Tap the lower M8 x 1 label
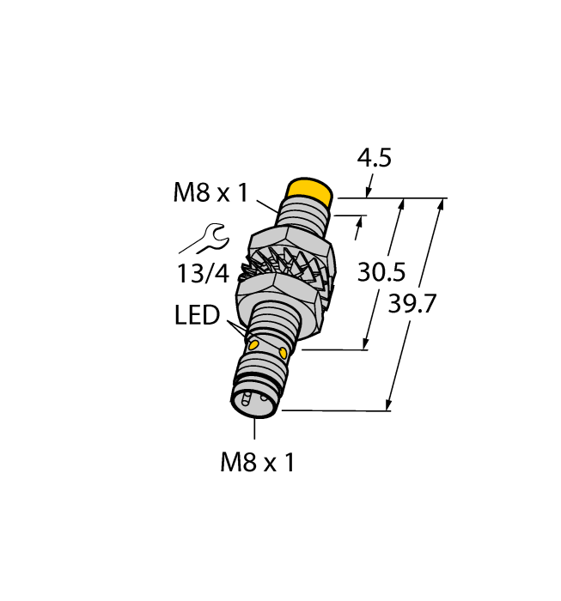coord(258,463)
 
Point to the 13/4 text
coord(204,275)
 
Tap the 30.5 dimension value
coord(381,272)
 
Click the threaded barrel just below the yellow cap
coord(301,215)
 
